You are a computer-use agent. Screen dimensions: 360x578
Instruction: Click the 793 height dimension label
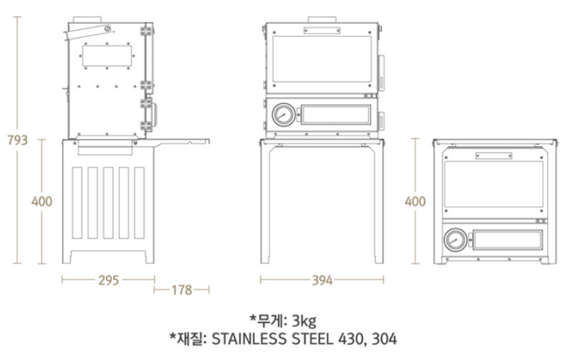pos(17,140)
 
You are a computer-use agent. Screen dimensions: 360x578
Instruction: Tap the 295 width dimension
pos(108,280)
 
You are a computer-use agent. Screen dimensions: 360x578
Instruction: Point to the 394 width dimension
pos(322,280)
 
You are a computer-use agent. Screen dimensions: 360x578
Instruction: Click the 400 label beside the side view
pos(41,201)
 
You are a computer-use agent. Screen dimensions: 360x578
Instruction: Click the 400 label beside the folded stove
pos(415,201)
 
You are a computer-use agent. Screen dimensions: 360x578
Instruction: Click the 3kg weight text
pos(303,320)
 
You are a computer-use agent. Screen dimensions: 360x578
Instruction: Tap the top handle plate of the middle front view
pos(321,28)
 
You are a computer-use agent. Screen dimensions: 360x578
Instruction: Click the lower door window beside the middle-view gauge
pos(336,116)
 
